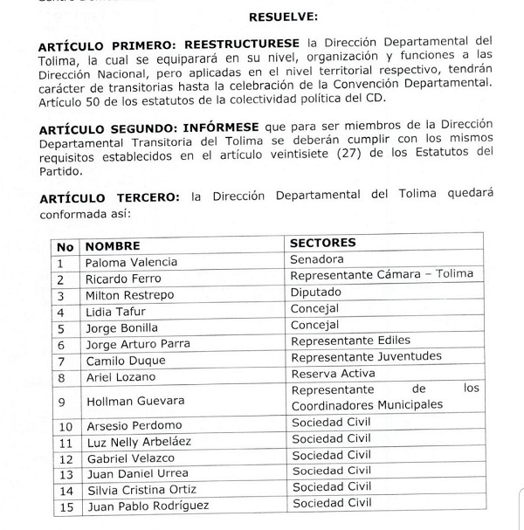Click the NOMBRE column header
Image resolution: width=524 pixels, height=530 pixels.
(113, 245)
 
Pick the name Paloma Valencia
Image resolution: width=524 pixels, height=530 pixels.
(131, 262)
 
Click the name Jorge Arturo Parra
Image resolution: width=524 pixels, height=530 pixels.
(138, 344)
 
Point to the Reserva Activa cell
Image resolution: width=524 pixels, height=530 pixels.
(332, 375)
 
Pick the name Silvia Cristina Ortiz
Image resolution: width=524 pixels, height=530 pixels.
(140, 489)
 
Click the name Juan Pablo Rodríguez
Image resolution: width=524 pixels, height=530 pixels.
(143, 506)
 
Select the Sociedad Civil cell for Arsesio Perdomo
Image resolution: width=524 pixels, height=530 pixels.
(330, 424)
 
